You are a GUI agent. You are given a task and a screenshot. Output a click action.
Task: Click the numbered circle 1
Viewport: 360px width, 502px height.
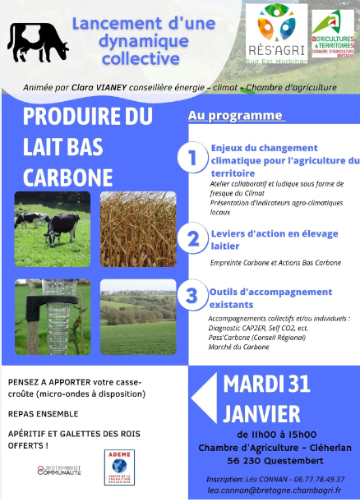click(192, 159)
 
